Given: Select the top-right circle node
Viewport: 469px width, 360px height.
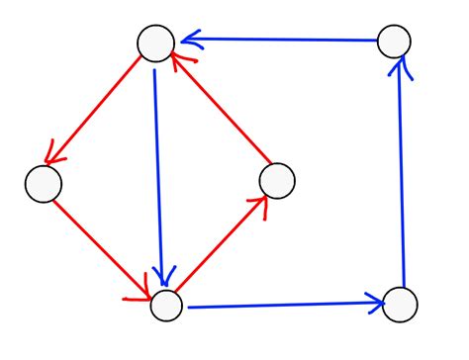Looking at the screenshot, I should click(x=394, y=41).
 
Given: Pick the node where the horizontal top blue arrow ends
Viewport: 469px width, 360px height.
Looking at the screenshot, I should click(x=156, y=43).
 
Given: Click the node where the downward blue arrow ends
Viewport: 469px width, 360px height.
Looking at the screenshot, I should click(x=166, y=305).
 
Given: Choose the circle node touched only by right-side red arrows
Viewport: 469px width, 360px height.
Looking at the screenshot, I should click(x=277, y=180).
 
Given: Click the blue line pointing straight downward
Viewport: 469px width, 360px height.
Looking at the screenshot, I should click(x=159, y=168).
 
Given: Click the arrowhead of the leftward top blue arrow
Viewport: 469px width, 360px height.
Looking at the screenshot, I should click(x=188, y=41).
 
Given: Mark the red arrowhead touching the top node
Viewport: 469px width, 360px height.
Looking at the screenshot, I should click(x=178, y=61).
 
